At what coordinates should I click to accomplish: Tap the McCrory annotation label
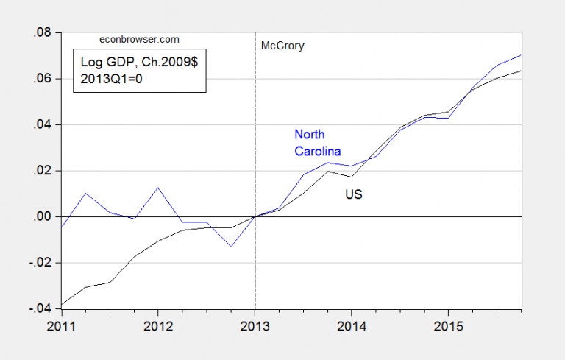[x=282, y=46]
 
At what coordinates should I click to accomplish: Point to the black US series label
[x=354, y=195]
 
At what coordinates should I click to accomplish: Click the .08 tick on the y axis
[x=44, y=32]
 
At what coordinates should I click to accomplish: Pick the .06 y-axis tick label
[x=44, y=79]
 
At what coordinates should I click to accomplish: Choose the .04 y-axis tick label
[x=44, y=124]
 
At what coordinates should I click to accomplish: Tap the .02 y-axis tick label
[x=44, y=171]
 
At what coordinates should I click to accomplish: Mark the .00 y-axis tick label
[x=44, y=216]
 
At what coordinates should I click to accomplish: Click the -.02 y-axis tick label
[x=42, y=263]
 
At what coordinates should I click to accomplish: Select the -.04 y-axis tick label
[x=42, y=308]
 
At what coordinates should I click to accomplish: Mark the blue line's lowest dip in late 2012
[x=231, y=246]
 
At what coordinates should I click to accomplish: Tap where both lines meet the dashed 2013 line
[x=255, y=216]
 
